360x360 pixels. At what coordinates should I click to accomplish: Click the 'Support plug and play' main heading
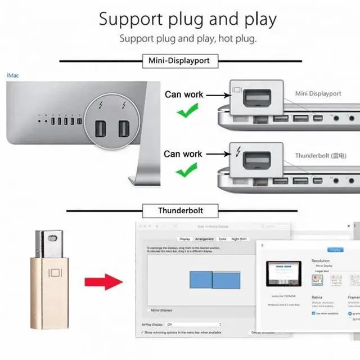(x=188, y=19)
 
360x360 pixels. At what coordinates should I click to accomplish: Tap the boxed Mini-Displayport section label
(x=180, y=60)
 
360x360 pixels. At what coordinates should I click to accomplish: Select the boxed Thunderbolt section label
(x=180, y=211)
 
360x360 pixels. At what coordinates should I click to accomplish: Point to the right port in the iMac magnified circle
(x=124, y=129)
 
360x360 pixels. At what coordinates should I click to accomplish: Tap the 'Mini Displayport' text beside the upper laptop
(x=318, y=94)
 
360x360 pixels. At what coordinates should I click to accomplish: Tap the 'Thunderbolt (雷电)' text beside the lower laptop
(x=321, y=155)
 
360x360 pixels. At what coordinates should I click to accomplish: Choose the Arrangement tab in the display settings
(x=204, y=239)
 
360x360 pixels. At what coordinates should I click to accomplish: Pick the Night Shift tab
(x=238, y=239)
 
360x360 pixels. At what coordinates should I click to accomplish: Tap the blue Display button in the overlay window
(x=335, y=250)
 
